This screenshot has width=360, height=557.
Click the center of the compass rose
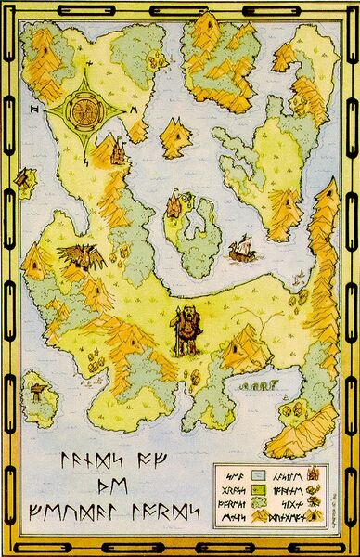coord(84,111)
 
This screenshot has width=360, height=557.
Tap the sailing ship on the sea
coord(239,248)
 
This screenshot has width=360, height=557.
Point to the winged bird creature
coord(74,255)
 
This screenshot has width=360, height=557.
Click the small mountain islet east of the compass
coord(175,138)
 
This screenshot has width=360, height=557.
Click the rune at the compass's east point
coord(134,110)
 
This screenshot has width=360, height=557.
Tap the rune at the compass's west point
coord(33,110)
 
